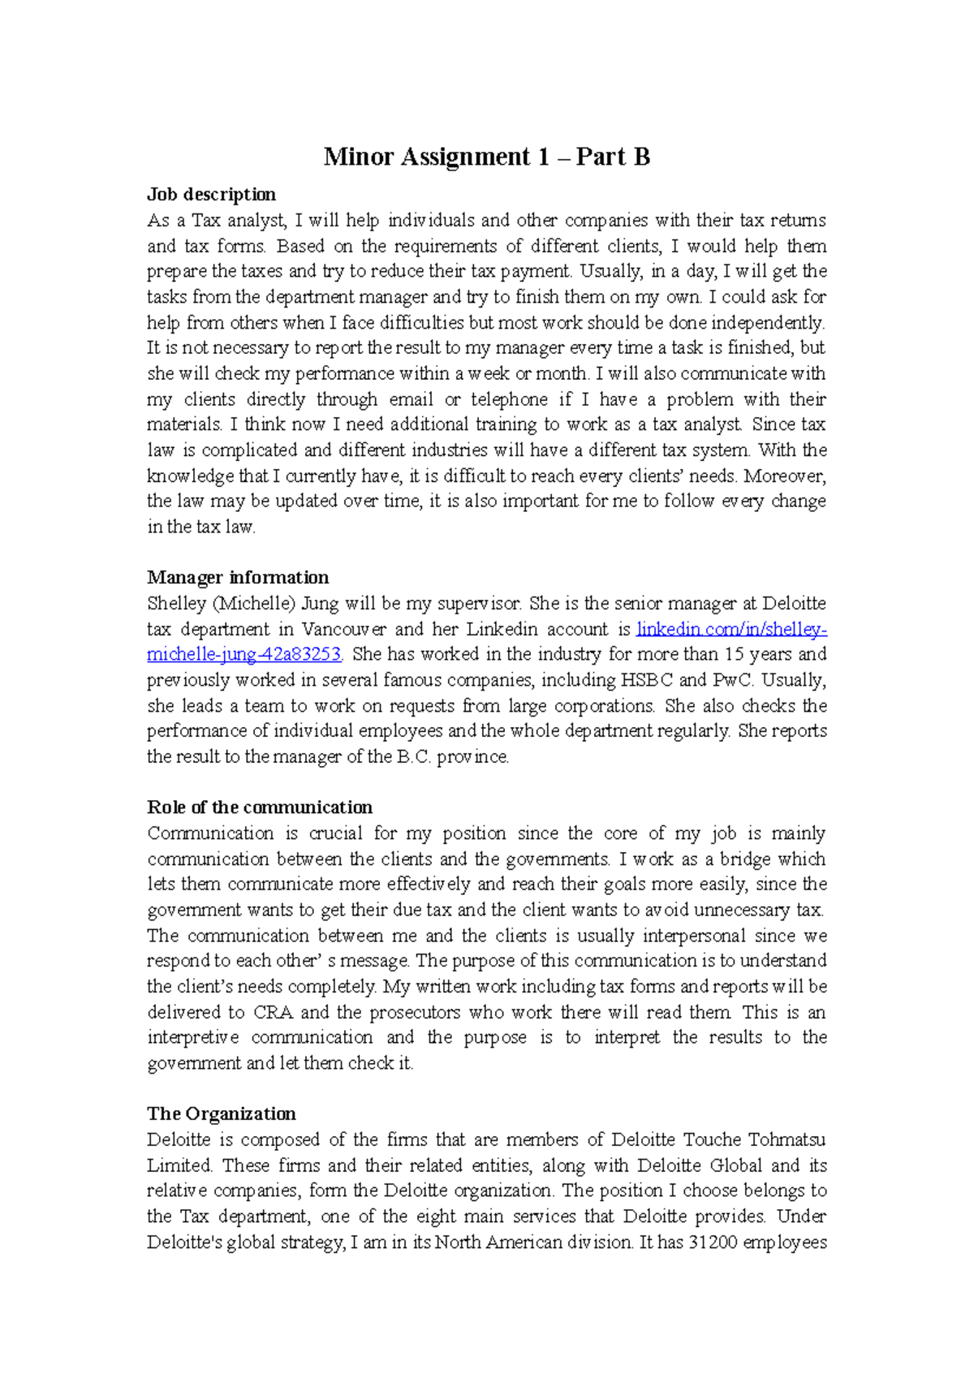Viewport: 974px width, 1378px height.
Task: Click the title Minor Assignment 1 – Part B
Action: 486,157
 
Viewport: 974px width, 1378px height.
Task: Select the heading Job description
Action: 211,195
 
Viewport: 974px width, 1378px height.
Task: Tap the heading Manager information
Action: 238,578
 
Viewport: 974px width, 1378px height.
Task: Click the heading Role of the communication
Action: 260,807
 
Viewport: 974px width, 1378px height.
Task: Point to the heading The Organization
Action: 221,1114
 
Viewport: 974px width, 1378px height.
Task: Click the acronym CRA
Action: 273,1013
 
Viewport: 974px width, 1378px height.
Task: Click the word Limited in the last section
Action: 179,1166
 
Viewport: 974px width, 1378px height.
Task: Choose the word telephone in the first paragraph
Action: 510,399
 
